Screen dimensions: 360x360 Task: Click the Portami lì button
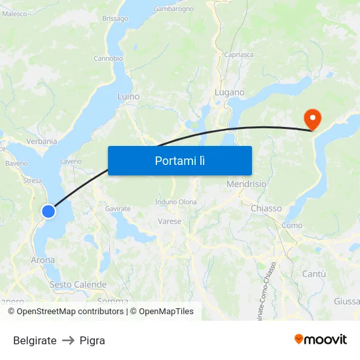tap(179, 160)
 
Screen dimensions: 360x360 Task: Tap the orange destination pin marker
tap(313, 118)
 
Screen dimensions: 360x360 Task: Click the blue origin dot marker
tap(48, 211)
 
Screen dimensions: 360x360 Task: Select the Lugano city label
tap(230, 93)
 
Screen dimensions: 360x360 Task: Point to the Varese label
tap(170, 221)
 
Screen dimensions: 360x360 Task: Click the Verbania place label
tap(42, 141)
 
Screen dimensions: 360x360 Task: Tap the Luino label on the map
tap(128, 96)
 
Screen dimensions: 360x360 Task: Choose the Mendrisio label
tap(246, 185)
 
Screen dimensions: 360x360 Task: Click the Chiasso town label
tap(266, 208)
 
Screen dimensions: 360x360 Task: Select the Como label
tap(292, 226)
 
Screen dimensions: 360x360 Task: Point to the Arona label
tap(43, 260)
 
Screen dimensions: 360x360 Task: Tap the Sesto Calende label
tap(78, 285)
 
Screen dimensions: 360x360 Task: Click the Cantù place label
tap(314, 274)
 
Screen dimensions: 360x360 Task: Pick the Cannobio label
tap(108, 58)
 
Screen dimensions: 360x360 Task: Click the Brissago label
tap(115, 18)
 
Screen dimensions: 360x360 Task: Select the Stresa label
tap(32, 181)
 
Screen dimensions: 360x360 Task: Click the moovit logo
tap(321, 339)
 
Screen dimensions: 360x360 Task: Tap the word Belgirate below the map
tap(35, 340)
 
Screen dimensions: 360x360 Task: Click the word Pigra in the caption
tap(92, 340)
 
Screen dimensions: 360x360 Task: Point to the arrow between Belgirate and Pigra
tap(68, 340)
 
